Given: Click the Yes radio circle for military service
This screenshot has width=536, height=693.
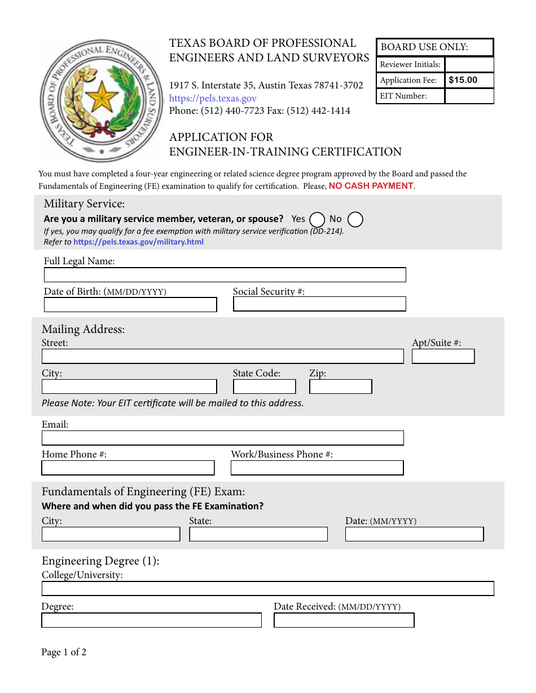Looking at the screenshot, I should (x=317, y=219).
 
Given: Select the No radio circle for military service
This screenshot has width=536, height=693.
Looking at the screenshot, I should (x=355, y=219).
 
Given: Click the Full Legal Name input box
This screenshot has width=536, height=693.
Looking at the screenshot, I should (x=225, y=275).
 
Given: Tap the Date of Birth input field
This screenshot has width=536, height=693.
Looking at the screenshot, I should (x=130, y=305).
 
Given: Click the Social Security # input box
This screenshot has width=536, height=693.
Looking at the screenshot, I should (x=319, y=304).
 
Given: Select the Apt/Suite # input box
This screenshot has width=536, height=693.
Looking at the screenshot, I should (x=443, y=357).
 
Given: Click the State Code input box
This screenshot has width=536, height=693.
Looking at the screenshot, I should (x=264, y=387).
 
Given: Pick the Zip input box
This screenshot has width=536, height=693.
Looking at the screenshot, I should (x=340, y=387).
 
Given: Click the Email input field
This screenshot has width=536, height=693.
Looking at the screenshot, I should (x=222, y=438).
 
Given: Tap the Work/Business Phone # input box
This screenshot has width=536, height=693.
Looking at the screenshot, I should (x=317, y=468).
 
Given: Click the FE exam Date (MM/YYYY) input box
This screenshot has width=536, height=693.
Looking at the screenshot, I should (x=414, y=534).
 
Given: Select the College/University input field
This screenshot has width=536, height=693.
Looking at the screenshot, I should (x=267, y=589).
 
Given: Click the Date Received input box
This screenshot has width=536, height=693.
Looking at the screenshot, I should (x=344, y=620).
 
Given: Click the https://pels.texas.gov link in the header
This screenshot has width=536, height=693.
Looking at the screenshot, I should (x=213, y=98).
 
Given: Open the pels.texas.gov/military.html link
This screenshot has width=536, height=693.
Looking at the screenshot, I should (x=138, y=242).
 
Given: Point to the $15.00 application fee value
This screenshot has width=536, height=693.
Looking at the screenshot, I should (x=463, y=80).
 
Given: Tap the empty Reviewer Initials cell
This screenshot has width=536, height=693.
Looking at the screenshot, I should (x=469, y=64).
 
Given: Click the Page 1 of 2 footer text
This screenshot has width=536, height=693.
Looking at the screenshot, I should (x=64, y=652).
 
